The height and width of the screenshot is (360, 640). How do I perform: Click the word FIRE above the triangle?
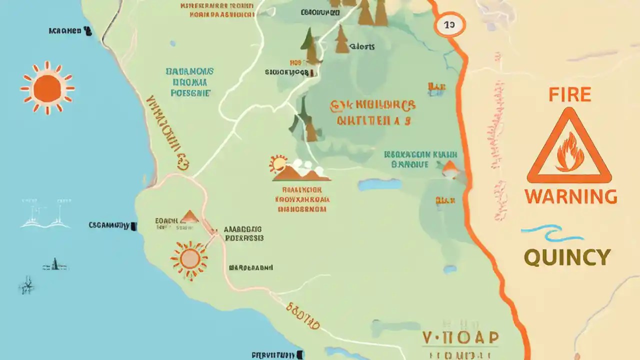pos(569,94)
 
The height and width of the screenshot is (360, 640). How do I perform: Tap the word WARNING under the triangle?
pos(570,196)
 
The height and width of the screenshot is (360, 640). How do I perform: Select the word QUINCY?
pos(567,257)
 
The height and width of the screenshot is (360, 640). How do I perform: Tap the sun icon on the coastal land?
pos(189,258)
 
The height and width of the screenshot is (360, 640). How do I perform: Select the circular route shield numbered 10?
pos(449,24)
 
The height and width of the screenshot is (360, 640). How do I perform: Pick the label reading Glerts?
pos(362,47)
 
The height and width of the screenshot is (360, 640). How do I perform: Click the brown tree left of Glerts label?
pos(342,40)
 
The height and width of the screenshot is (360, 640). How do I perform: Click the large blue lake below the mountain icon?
pos(380,184)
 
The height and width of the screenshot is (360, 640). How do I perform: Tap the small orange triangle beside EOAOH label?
pos(189,217)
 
